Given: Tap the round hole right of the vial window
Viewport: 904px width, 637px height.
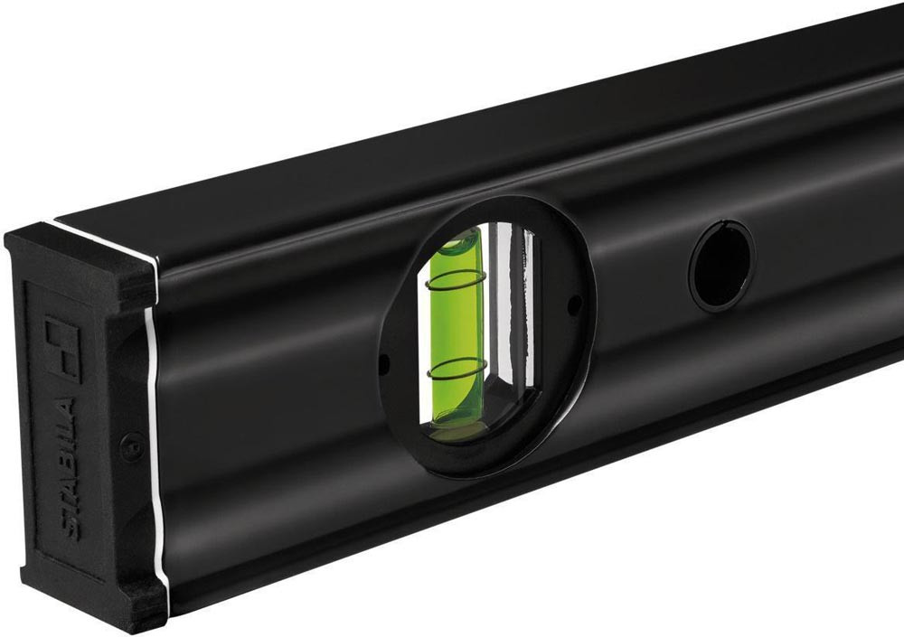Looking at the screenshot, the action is click(721, 265).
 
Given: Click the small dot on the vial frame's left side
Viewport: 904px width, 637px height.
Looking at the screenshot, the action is click(385, 362).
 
